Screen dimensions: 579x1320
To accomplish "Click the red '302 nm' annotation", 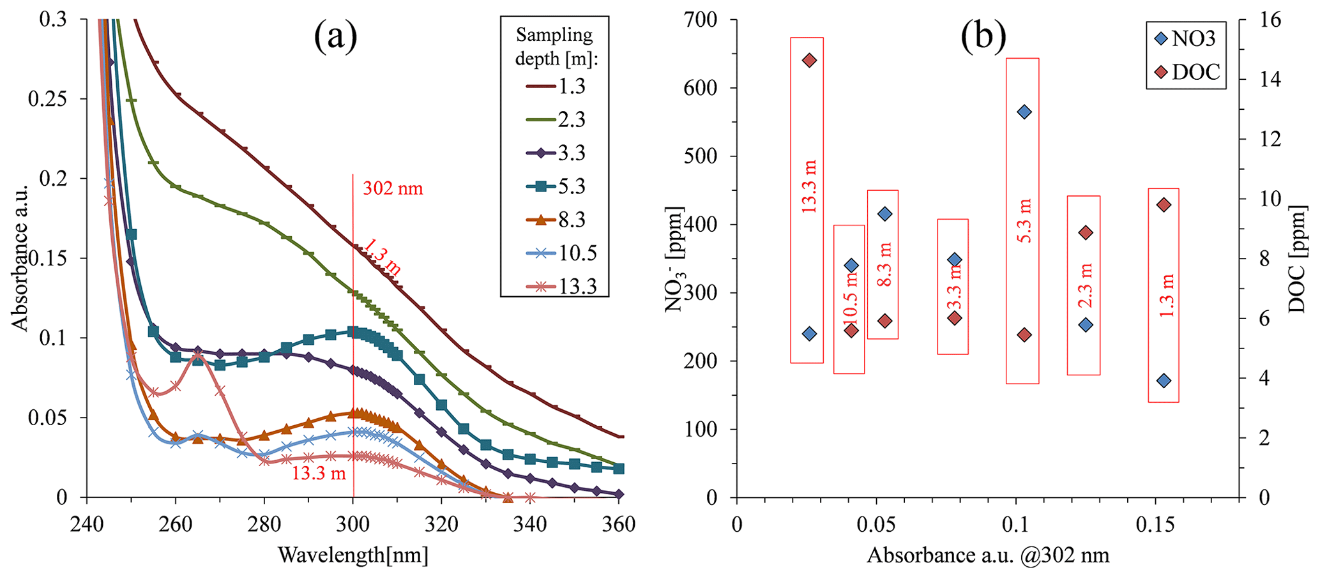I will click(393, 188).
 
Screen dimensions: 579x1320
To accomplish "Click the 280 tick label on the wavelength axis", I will click(264, 525).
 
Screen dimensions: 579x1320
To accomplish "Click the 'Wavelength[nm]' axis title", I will click(353, 555).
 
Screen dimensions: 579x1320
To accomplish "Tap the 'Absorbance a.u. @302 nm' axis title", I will click(987, 555).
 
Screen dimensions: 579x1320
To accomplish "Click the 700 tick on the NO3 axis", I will click(701, 20).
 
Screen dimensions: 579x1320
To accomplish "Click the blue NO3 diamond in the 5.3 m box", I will click(1024, 112).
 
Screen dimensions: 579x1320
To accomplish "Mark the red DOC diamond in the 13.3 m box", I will click(810, 61).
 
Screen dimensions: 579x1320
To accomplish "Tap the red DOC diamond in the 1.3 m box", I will click(1164, 205).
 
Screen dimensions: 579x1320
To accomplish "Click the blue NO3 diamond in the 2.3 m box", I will click(1086, 325).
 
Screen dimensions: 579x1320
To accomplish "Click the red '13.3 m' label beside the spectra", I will click(319, 473).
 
